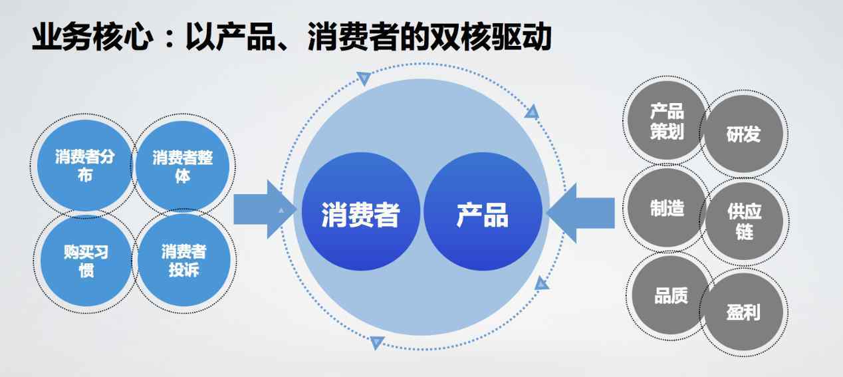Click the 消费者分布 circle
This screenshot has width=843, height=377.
pos(84,166)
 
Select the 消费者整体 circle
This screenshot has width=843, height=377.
pos(183,166)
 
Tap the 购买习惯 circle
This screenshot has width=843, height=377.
pos(86,261)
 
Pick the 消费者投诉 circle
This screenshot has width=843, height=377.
pos(184,261)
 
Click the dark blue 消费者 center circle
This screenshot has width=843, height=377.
pos(361,211)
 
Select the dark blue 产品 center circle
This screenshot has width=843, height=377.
pos(483,211)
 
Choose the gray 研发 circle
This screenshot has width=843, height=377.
pos(744,134)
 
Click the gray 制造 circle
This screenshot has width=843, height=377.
pos(667,207)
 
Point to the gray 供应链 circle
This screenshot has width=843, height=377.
pos(745,221)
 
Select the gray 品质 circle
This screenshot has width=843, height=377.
pos(671,296)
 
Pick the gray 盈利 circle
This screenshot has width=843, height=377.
pos(744,312)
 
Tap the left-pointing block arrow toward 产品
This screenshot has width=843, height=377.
pos(580,213)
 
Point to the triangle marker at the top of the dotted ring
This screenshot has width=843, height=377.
pos(364,78)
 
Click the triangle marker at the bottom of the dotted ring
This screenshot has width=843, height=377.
pos(377,342)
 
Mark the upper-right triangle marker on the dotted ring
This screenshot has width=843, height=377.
pos(532,112)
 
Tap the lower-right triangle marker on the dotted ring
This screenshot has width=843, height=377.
pos(542,283)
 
